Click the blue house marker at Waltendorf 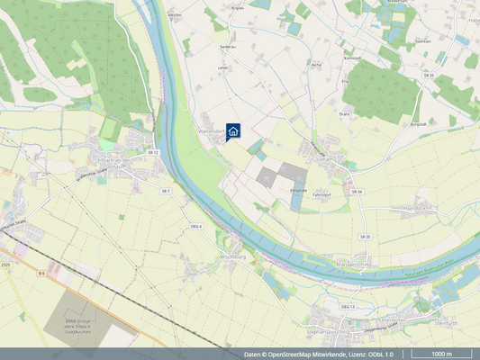coord(233,131)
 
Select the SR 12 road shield coord(153,153)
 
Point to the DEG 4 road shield coord(195,227)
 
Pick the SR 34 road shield coord(357,192)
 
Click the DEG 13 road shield coord(348,307)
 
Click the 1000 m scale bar coord(441,355)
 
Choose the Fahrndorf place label coord(323,194)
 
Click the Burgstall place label coord(417,123)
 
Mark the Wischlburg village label coord(220,256)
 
